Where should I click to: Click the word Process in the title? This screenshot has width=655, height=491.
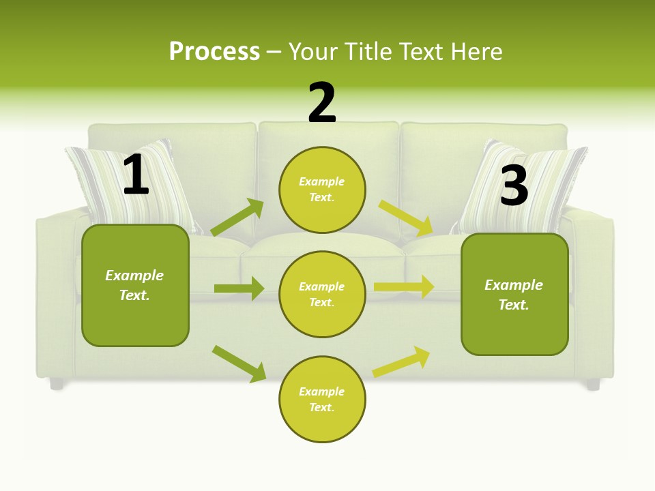[x=214, y=51]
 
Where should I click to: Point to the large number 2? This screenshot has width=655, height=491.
[x=322, y=103]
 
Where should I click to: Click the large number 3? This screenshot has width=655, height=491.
[x=514, y=185]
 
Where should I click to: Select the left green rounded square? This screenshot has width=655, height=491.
[x=135, y=285]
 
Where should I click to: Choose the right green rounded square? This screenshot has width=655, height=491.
[x=514, y=294]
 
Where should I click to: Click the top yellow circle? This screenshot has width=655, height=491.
[x=322, y=190]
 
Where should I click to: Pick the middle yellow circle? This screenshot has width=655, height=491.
[x=322, y=294]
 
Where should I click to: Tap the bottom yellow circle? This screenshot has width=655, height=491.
[x=322, y=399]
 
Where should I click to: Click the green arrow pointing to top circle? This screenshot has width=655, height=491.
[x=237, y=218]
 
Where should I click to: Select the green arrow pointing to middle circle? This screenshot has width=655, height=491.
[x=239, y=288]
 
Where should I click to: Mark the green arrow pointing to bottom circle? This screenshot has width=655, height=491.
[x=239, y=363]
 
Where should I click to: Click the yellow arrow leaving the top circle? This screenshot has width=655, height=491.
[x=406, y=218]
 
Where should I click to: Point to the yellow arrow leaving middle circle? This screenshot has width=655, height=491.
[x=404, y=287]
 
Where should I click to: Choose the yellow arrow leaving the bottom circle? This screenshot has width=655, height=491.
[x=402, y=361]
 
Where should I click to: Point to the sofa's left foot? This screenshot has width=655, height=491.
[x=57, y=384]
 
